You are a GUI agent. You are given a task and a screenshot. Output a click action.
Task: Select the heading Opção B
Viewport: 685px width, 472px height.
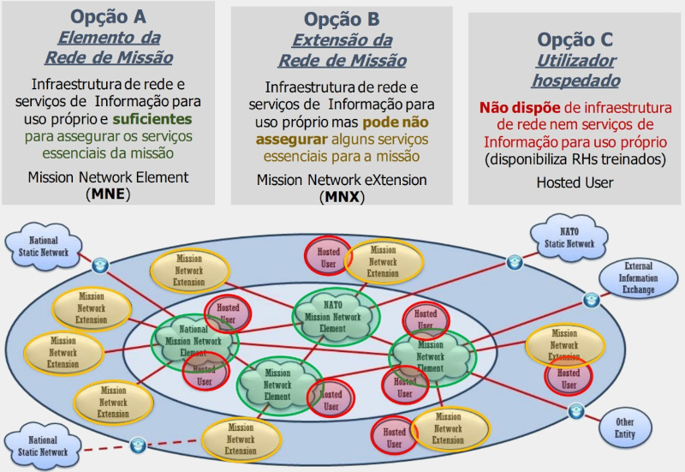[x=342, y=20]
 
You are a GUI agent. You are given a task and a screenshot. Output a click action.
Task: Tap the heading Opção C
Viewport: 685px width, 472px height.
[x=575, y=39]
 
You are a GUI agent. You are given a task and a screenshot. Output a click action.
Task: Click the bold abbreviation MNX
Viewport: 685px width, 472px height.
[x=342, y=196]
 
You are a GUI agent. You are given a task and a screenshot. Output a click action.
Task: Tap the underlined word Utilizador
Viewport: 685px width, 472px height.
[x=575, y=61]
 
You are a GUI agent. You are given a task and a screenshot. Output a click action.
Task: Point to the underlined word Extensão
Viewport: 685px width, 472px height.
[x=342, y=41]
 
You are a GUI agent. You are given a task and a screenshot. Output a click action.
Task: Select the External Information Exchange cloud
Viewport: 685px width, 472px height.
[x=639, y=278]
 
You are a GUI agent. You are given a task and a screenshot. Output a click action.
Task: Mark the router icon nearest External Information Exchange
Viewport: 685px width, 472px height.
[x=591, y=300]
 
